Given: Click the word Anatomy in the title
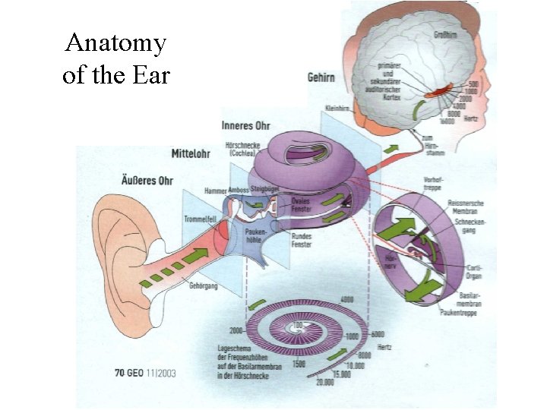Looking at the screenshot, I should [x=115, y=43].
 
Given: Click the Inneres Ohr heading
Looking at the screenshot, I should [x=246, y=125].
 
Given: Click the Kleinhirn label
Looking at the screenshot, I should [x=337, y=109].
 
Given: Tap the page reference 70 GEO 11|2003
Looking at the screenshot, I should [x=144, y=373].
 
